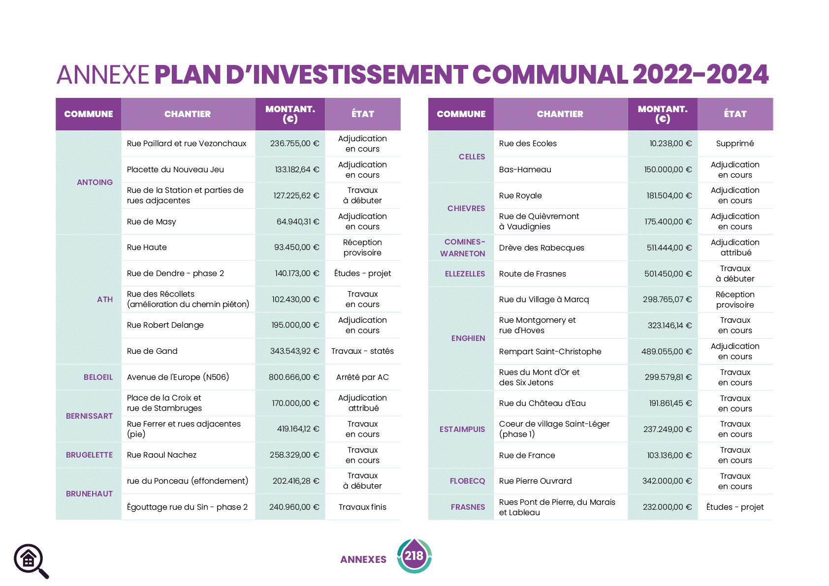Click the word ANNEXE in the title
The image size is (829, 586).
(102, 75)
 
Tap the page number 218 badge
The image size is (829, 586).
(414, 556)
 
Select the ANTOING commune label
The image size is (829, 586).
(95, 182)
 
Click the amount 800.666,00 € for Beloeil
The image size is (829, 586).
(294, 377)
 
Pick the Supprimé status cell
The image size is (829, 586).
(734, 144)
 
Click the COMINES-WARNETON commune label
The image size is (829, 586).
(463, 247)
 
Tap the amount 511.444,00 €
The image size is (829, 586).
(669, 247)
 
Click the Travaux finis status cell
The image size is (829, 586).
(362, 507)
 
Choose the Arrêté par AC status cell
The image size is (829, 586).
(362, 377)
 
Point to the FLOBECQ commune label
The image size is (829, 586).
(467, 481)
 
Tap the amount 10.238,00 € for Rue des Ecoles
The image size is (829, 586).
(670, 144)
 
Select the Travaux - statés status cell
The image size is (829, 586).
(362, 351)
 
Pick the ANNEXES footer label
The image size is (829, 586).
(363, 559)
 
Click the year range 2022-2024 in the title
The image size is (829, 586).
(701, 75)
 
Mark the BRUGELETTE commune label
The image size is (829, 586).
(89, 455)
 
